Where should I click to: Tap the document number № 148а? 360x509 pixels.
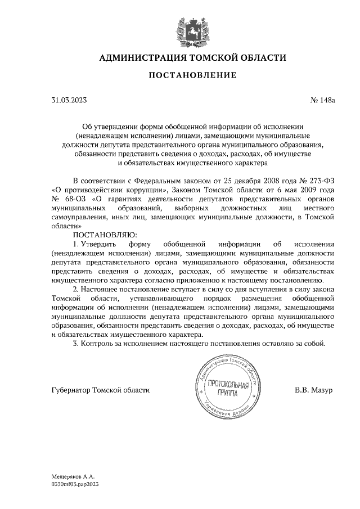322,100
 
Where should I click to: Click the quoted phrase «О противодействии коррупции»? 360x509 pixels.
103,190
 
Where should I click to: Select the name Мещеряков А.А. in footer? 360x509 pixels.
73,476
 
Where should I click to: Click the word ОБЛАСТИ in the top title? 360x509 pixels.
259,57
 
